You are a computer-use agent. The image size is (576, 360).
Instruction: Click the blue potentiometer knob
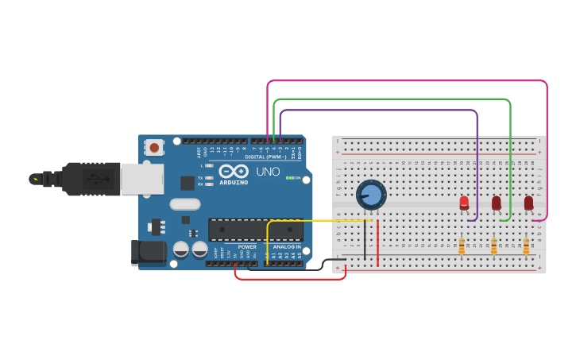point(371,195)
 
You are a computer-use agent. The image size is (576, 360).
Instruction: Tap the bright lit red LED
point(464,203)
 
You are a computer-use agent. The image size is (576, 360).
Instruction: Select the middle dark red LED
point(497,203)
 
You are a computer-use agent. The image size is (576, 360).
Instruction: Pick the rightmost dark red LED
point(528,203)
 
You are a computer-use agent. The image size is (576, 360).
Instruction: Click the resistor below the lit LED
point(462,247)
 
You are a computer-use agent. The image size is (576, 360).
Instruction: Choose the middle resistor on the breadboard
point(493,247)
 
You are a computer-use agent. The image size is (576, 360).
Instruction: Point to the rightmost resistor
point(526,247)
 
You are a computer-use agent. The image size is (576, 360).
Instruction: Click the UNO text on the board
point(268,172)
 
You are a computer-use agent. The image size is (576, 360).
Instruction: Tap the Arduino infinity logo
point(234,171)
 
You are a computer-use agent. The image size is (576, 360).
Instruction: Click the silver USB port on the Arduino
point(141,179)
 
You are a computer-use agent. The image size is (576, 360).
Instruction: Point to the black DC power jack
point(149,252)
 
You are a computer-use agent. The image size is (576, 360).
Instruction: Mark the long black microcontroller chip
point(255,230)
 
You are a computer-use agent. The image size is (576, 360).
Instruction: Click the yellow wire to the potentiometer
point(318,221)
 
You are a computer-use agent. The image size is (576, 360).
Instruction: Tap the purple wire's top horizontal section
point(378,110)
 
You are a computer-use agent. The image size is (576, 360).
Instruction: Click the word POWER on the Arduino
point(247,246)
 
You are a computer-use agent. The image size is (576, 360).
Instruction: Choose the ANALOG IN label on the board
point(287,246)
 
